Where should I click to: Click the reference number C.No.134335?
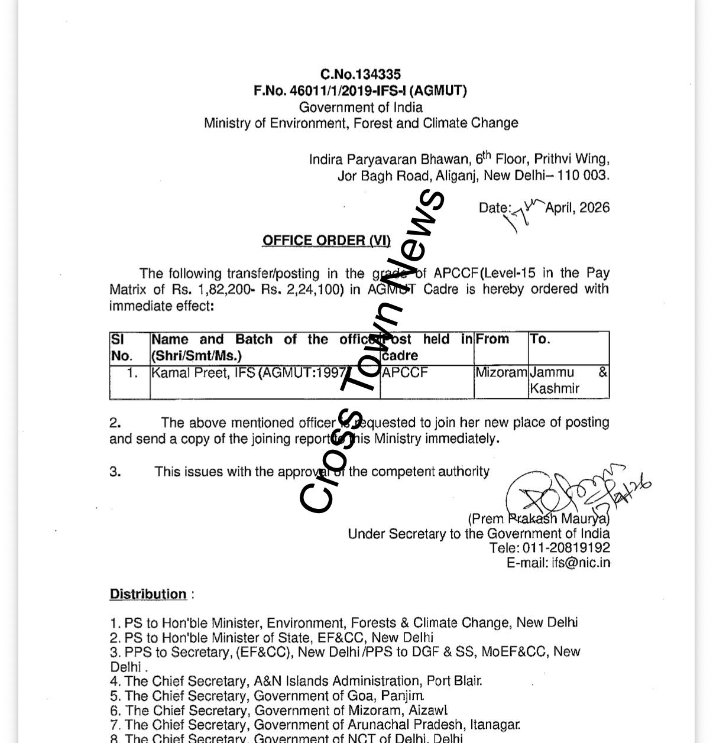pos(361,74)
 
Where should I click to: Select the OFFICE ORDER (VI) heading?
pos(326,241)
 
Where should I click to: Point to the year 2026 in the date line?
pos(594,207)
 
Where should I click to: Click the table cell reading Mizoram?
pos(501,372)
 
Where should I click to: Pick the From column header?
pos(492,339)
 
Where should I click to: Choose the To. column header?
pos(540,339)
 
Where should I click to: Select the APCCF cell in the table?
pos(405,373)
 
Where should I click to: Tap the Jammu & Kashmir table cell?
pos(568,381)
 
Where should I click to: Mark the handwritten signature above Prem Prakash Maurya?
pos(568,491)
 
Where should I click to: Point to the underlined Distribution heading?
pos(148,594)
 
